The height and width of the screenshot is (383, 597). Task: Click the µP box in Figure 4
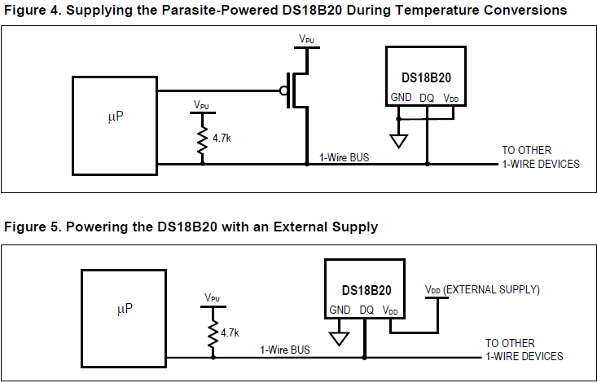115,124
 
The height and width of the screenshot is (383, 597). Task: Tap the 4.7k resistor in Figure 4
202,139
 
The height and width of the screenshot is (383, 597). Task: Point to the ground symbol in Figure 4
399,140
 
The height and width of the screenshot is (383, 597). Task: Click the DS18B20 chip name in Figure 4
427,77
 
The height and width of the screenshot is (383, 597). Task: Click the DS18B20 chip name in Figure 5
367,290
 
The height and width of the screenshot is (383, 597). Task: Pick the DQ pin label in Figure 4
427,97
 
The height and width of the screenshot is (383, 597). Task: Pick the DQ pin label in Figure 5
367,310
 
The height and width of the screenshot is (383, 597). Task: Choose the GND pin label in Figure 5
340,310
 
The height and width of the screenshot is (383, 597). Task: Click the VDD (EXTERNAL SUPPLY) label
482,289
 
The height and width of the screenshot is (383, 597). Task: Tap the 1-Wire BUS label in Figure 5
285,350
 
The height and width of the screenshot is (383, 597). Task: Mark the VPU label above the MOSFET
307,38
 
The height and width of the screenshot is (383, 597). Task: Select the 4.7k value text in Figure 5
230,332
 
